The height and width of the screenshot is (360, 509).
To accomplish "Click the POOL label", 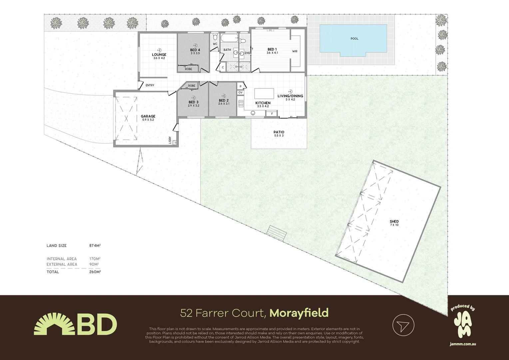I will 354,39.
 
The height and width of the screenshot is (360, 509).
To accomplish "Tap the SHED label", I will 394,222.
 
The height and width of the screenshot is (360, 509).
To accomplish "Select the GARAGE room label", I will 148,117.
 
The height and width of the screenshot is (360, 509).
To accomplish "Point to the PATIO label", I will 279,132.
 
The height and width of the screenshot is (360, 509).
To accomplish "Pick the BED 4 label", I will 195,50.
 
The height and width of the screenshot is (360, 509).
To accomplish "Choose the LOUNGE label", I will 159,55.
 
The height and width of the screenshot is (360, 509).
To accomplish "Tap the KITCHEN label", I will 263,103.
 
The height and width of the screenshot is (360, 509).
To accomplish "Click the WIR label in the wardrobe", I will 295,51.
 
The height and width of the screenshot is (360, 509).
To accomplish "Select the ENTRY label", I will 150,85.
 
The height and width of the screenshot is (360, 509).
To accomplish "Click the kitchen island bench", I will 264,93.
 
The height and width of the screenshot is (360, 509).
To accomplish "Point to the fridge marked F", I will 272,114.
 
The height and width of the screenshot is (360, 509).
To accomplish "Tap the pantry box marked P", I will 240,86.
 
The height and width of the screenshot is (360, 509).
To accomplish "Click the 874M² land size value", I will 95,246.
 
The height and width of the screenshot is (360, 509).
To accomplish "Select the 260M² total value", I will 95,272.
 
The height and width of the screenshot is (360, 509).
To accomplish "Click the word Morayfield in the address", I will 299,313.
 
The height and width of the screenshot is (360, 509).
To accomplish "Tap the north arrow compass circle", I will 403,325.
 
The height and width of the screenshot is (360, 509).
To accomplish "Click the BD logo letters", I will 97,325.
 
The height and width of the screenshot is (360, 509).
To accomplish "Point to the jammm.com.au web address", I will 462,344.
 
